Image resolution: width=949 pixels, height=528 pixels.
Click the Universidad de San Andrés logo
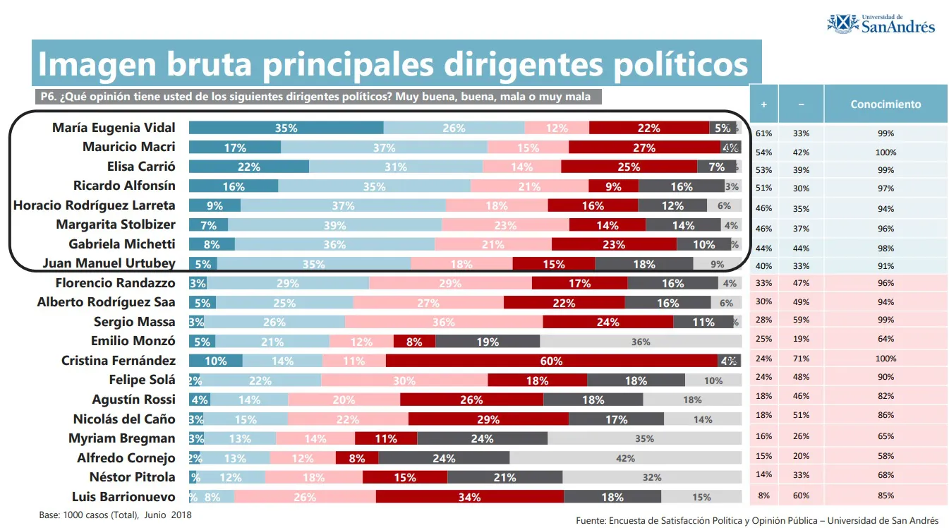(x=881, y=23)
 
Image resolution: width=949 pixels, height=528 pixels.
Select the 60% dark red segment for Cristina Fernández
(x=551, y=361)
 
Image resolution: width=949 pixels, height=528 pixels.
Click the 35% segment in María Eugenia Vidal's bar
(x=286, y=128)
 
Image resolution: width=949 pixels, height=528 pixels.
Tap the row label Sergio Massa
(x=134, y=322)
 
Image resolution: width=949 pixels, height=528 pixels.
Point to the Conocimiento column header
(x=885, y=104)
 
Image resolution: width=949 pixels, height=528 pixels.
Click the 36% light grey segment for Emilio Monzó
(x=640, y=342)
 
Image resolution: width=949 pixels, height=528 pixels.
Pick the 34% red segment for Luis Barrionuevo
(x=469, y=497)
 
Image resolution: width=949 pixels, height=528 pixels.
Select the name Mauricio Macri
(x=128, y=147)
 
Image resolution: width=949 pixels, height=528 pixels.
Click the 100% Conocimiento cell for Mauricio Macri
(x=885, y=152)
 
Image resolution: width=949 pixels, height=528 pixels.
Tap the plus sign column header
(x=763, y=104)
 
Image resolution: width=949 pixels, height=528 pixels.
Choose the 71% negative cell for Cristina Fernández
(x=801, y=359)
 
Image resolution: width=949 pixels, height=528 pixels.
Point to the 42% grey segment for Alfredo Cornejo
(x=625, y=458)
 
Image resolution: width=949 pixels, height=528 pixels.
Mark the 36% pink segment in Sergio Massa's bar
(x=444, y=322)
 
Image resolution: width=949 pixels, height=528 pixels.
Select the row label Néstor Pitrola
(x=132, y=476)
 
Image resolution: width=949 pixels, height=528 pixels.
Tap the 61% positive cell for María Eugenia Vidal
(x=763, y=133)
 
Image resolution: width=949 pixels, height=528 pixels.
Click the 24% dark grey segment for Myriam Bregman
(x=482, y=438)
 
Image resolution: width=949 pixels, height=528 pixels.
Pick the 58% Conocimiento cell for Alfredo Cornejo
(x=885, y=456)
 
